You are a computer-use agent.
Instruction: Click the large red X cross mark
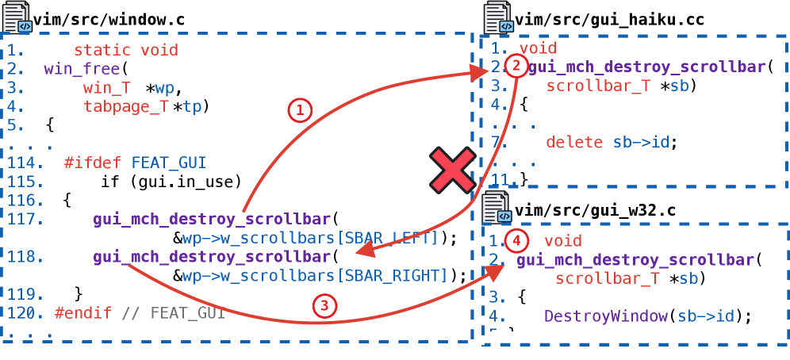(x=452, y=170)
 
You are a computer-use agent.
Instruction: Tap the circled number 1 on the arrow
(x=298, y=112)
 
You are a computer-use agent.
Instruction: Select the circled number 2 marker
(x=515, y=67)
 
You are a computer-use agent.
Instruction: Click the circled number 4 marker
(x=516, y=240)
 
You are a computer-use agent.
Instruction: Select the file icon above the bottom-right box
(x=498, y=208)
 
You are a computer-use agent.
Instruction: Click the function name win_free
(x=82, y=69)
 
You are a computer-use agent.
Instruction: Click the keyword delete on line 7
(x=574, y=143)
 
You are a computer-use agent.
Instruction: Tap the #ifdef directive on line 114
(x=93, y=163)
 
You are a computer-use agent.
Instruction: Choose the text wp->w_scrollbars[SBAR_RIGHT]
(x=315, y=276)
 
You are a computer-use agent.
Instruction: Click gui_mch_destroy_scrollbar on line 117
(x=212, y=220)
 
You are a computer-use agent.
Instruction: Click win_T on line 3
(x=107, y=88)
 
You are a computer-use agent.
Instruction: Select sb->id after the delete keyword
(x=641, y=143)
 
